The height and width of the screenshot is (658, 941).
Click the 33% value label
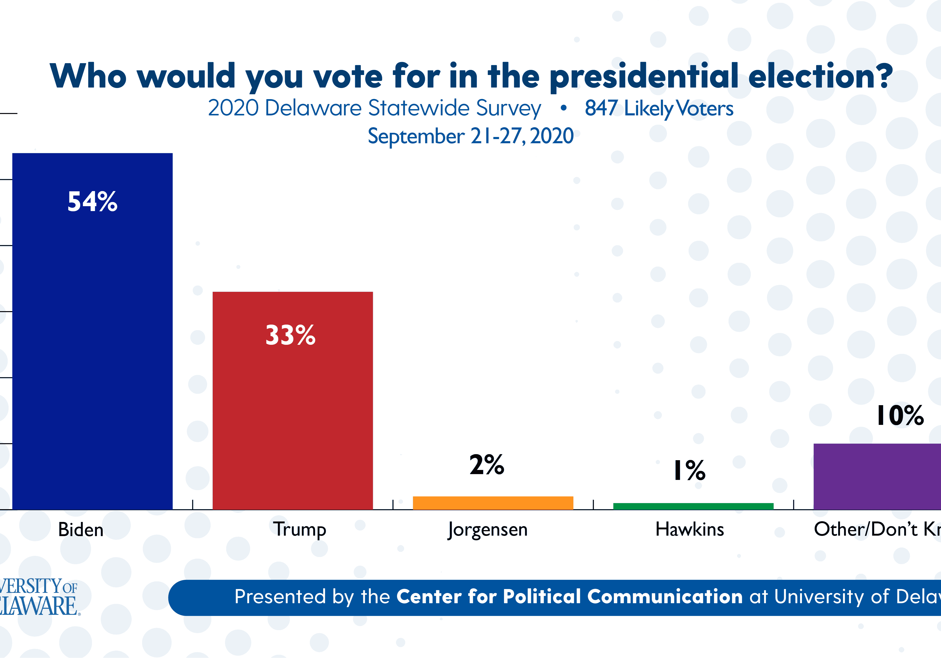pos(291,335)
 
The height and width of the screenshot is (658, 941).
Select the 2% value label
pos(487,465)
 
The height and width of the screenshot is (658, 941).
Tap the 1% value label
pos(690,470)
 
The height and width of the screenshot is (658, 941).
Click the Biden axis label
pos(81,530)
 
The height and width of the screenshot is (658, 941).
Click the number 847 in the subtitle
pos(601,108)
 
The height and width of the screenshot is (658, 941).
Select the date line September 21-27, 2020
pos(470,136)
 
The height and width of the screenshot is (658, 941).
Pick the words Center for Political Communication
pos(570,596)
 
